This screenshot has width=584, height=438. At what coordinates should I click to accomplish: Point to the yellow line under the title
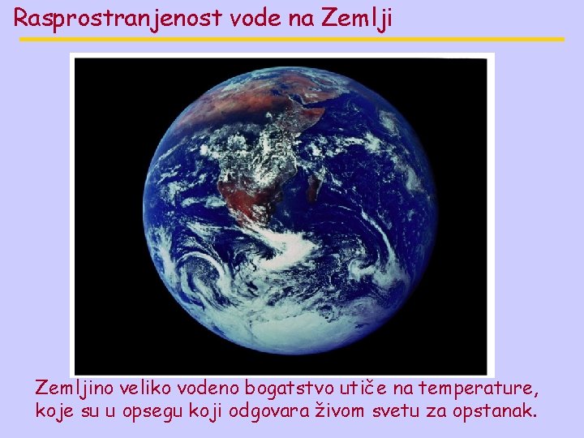coord(292,39)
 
